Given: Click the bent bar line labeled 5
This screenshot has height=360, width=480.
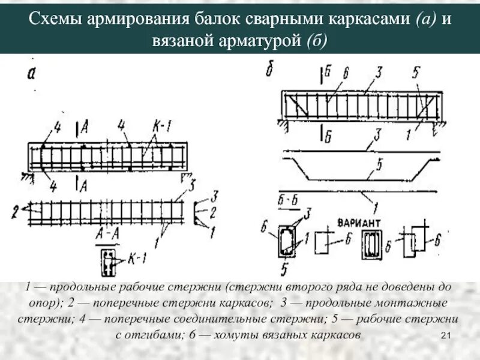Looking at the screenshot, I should point(360,177).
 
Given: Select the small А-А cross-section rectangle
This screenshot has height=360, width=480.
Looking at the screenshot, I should point(107,259).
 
